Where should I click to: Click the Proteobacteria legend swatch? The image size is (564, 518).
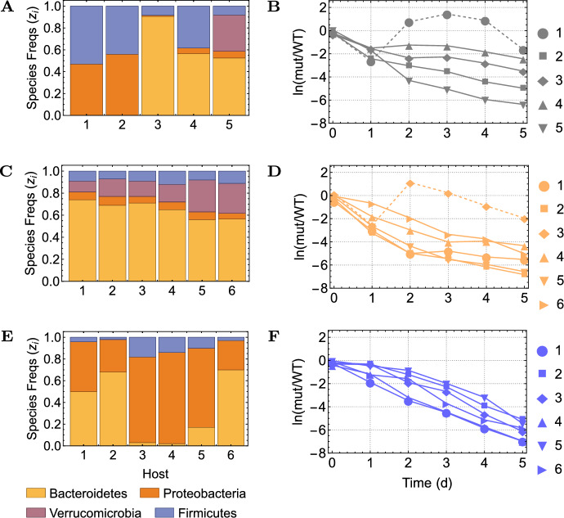point(158,475)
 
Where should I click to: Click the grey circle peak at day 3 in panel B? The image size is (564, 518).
point(424,15)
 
